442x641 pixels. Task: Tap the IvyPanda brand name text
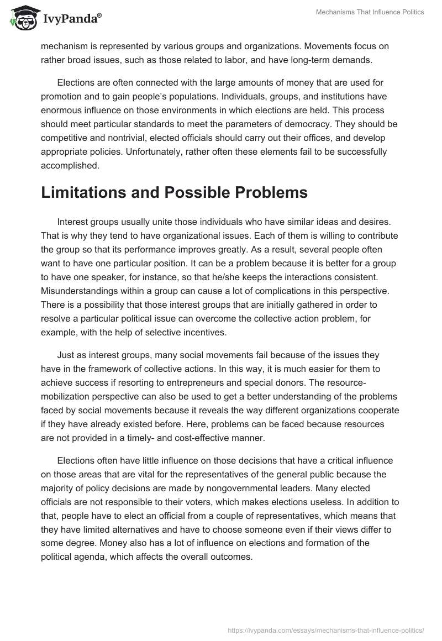(x=71, y=20)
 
